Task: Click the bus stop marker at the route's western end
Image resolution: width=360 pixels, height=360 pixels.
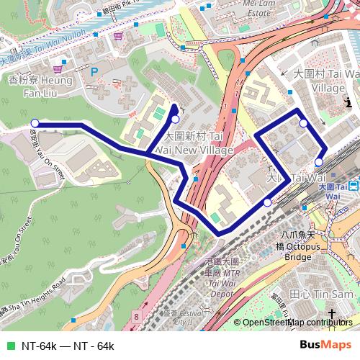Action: pyautogui.click(x=35, y=123)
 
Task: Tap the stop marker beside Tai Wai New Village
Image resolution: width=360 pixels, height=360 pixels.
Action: pyautogui.click(x=175, y=118)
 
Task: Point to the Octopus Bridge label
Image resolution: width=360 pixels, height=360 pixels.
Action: pyautogui.click(x=298, y=246)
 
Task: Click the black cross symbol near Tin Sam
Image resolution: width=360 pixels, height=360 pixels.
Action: pyautogui.click(x=332, y=312)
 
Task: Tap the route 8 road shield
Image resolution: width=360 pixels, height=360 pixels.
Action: pyautogui.click(x=136, y=316)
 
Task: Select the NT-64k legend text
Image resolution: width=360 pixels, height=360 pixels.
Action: pyautogui.click(x=68, y=346)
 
